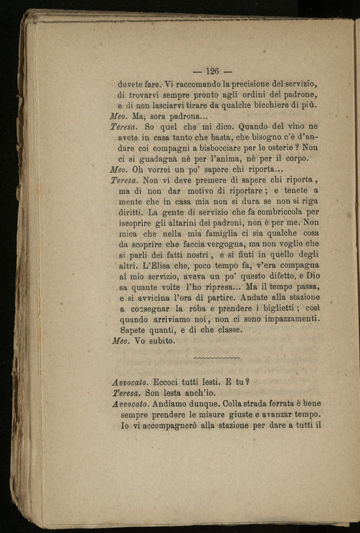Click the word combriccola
tap(279, 212)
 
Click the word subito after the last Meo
tap(162, 341)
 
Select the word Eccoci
tap(165, 382)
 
